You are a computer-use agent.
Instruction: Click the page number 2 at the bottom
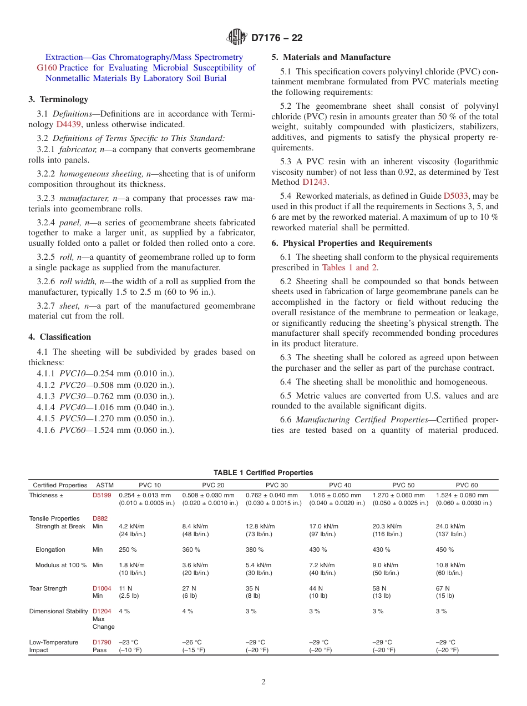pos(263,682)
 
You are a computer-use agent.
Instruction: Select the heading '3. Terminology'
pos(58,99)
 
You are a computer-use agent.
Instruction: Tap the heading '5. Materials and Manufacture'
pos(331,57)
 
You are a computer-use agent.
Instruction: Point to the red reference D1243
pos(315,181)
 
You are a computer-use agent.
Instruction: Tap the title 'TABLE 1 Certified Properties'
pos(263,473)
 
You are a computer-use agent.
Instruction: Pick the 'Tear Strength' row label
pos(48,588)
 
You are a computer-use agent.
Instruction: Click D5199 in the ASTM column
pos(102,495)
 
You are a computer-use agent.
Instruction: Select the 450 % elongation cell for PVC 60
pos(445,549)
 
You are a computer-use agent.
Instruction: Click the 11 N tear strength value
pos(125,588)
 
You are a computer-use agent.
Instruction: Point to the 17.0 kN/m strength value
pos(323,526)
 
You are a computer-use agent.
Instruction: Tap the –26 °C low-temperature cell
pos(192,642)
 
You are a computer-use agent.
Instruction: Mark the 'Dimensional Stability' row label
pos(58,611)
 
